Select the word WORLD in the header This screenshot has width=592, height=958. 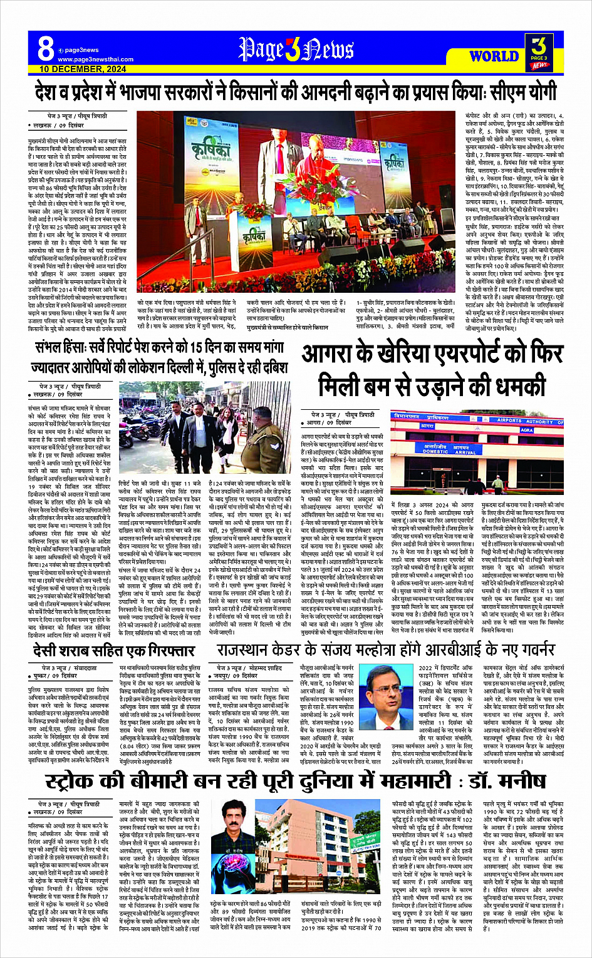494,56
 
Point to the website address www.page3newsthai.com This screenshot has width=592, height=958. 95,59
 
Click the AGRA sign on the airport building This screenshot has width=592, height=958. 527,430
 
